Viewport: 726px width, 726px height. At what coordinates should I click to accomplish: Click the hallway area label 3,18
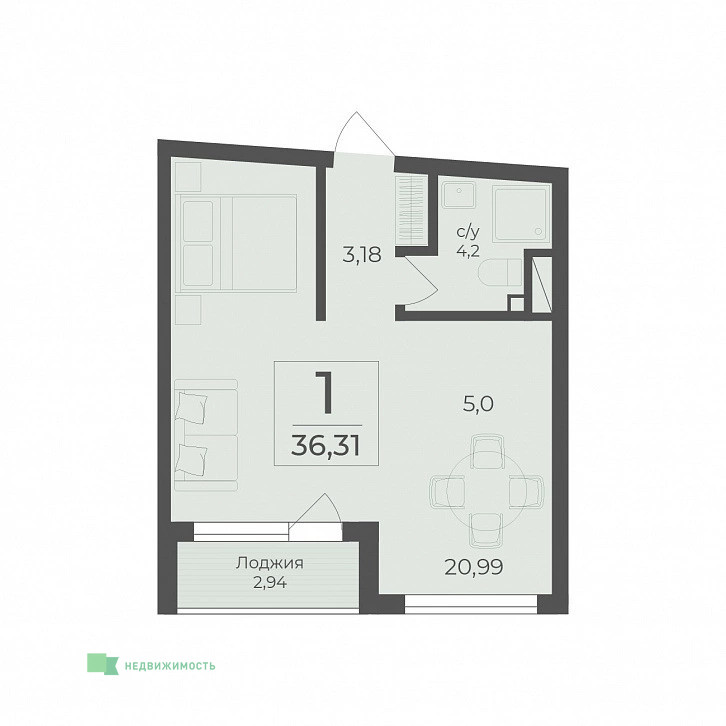click(x=362, y=255)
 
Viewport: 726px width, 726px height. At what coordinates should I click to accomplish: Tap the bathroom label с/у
click(x=468, y=232)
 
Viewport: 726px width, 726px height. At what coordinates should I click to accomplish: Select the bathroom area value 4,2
click(x=468, y=252)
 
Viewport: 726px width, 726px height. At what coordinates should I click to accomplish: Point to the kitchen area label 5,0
click(x=478, y=404)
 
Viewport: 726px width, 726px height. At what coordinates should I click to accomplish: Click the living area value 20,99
click(x=473, y=567)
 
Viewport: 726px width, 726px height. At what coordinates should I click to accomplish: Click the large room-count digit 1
click(x=326, y=393)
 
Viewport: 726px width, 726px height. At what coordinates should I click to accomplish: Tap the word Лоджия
click(x=269, y=563)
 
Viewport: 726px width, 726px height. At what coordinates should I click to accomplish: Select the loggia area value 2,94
click(x=269, y=582)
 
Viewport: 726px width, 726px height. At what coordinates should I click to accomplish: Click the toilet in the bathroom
click(x=501, y=273)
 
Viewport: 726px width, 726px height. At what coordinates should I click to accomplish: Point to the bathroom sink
click(x=458, y=195)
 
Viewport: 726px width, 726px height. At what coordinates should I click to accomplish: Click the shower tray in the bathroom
click(x=522, y=213)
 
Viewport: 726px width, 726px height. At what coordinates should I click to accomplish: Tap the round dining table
click(x=486, y=492)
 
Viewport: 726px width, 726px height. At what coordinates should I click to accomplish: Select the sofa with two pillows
click(x=206, y=435)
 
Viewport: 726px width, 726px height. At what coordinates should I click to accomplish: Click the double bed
click(x=236, y=243)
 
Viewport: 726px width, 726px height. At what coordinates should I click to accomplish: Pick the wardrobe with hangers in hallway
click(x=411, y=209)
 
